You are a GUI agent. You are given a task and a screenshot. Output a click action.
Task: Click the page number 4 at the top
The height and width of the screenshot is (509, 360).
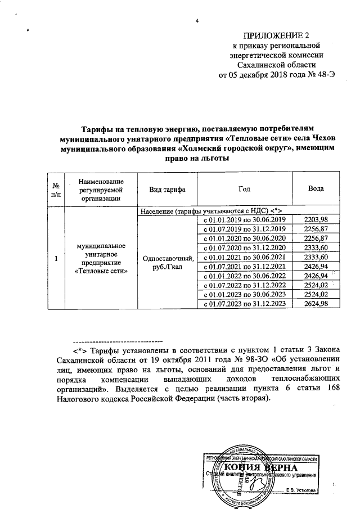click(197, 21)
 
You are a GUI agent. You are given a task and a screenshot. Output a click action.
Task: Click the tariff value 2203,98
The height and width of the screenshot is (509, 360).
click(315, 219)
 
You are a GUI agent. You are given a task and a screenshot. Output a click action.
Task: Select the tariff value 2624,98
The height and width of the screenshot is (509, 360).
click(315, 303)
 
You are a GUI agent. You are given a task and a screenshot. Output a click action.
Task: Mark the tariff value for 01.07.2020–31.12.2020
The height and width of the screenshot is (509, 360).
click(315, 247)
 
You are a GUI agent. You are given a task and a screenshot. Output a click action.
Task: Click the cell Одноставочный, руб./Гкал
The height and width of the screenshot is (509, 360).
click(168, 262)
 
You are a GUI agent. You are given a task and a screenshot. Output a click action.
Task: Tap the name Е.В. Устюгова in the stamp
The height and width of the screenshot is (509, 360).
click(301, 490)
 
